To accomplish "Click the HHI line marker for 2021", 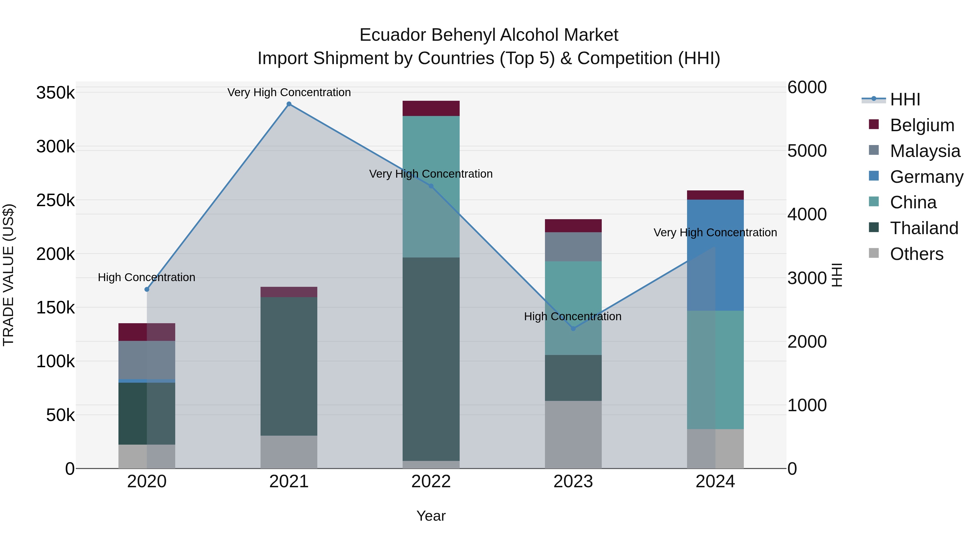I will (289, 104).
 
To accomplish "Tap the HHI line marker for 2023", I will (573, 328).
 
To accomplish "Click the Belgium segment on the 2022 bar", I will (431, 108).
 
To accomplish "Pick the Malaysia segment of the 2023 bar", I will (573, 247).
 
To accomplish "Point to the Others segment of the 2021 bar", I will (289, 452).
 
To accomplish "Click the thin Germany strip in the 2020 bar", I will (147, 381).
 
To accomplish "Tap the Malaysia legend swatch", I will (874, 150).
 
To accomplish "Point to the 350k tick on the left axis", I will (55, 93).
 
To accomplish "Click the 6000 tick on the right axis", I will (807, 87).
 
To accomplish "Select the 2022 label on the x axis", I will (431, 482).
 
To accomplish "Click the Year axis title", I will (431, 516).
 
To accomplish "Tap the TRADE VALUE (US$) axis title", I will (8, 275).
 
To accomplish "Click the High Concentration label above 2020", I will (146, 278).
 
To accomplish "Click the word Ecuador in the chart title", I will (393, 35).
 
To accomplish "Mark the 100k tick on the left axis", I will (55, 361).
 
